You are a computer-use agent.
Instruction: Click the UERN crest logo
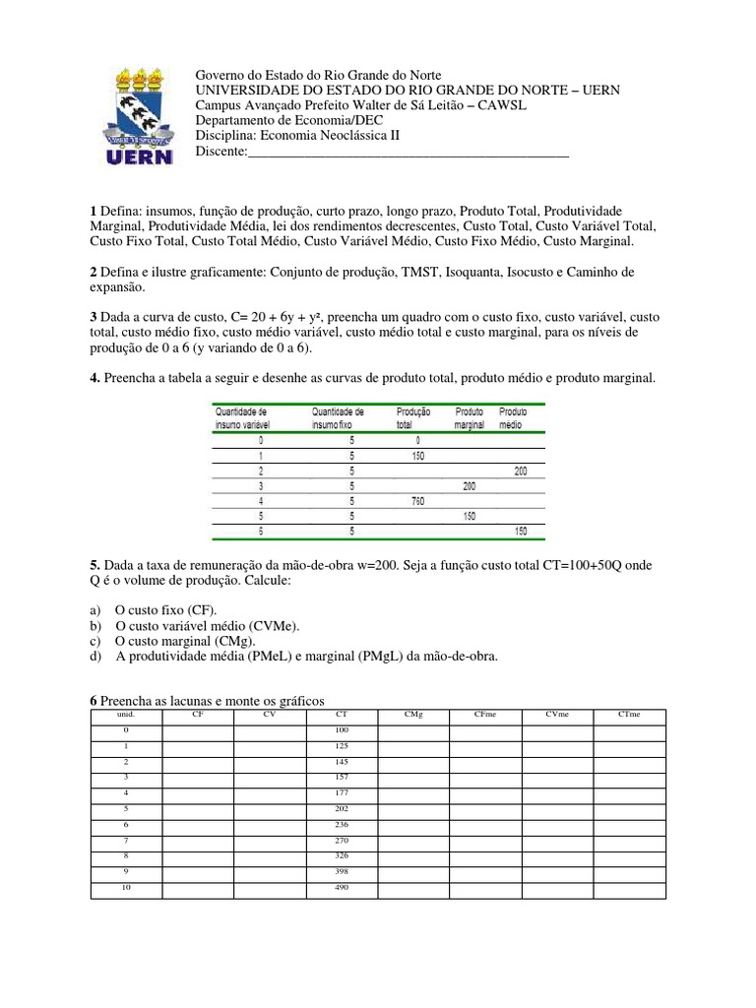(139, 116)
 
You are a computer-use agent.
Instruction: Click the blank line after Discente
(407, 152)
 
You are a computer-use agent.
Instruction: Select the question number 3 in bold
(93, 318)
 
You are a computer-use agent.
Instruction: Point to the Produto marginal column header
(469, 417)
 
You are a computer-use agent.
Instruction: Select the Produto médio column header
(513, 417)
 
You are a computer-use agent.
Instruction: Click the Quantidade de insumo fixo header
(338, 417)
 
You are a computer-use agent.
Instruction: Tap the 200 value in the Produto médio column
(520, 472)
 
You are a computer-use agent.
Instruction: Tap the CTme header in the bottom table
(629, 714)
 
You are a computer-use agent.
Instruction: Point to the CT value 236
(342, 824)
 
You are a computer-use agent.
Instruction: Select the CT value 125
(342, 745)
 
